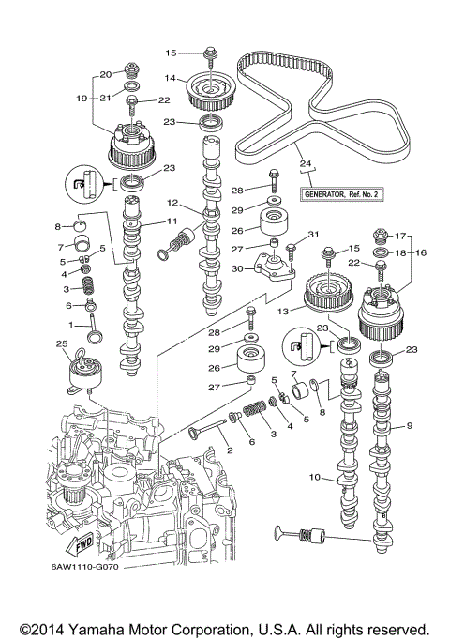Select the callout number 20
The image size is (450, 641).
(x=106, y=73)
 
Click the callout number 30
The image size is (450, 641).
(x=238, y=269)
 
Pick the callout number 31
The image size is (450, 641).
(x=315, y=235)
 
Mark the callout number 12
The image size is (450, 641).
(x=172, y=203)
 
